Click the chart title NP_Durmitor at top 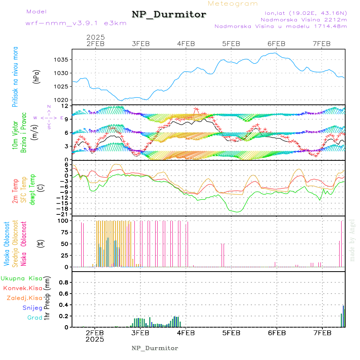point(169,15)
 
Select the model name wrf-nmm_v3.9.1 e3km point(76,23)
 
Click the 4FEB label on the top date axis point(186,44)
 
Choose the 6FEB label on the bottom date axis point(276,333)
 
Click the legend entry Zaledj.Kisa point(24,298)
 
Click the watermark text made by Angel point(352,240)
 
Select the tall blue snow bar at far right point(343,316)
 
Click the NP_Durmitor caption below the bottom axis point(154,348)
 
